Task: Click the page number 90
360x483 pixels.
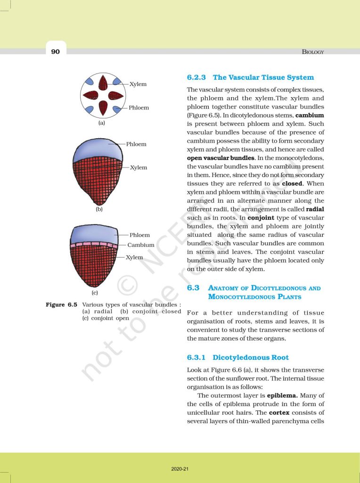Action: click(56, 51)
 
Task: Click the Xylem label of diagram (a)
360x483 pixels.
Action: click(138, 84)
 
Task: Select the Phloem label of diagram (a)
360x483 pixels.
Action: click(139, 108)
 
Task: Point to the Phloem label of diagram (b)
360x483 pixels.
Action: click(136, 144)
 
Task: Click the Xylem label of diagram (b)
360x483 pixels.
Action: click(139, 167)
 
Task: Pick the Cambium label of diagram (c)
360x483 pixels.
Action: click(141, 245)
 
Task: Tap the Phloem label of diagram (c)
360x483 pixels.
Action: click(139, 235)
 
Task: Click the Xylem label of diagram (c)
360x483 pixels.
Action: click(134, 257)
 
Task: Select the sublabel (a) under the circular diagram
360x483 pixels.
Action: click(101, 123)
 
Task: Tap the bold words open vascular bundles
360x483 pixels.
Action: click(221, 158)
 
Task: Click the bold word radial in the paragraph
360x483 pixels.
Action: click(315, 209)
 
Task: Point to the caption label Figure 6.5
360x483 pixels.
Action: click(62, 305)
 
